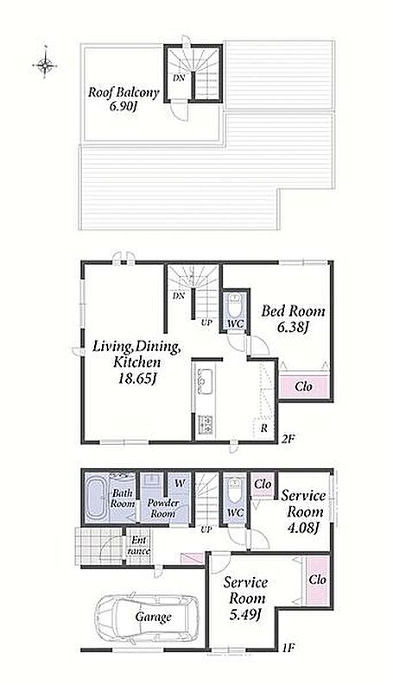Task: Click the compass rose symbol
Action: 45,66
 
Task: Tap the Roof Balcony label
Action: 124,92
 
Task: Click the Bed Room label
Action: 293,311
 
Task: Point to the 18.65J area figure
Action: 136,378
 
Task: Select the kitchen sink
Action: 205,381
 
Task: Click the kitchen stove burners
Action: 205,424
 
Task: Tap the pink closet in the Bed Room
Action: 304,386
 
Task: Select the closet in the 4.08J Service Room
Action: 263,485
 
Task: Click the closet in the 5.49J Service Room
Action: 317,580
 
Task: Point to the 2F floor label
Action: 288,438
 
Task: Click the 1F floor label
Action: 288,648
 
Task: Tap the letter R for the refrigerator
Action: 263,428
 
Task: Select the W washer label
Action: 180,483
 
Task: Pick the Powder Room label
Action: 163,508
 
